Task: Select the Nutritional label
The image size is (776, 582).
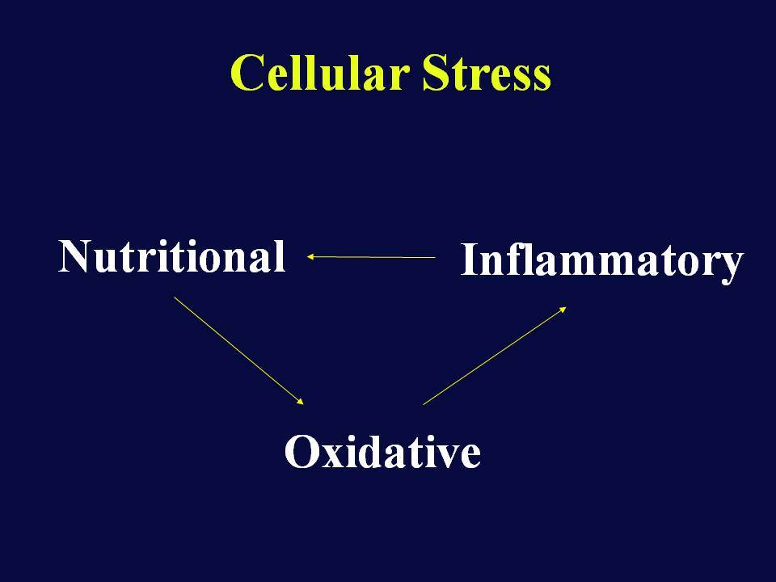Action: coord(172,256)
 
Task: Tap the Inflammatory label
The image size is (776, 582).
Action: coord(601,262)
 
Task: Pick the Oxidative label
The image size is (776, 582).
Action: coord(382,451)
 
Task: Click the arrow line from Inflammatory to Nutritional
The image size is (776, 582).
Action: coord(371,257)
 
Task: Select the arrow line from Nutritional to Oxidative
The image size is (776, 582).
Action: coord(238,351)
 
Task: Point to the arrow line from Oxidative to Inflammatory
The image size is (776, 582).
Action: coord(495,356)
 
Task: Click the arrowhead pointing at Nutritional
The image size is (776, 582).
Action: coord(310,256)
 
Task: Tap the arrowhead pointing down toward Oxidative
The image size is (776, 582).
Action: coord(300,402)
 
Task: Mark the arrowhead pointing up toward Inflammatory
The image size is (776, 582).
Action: coord(563,310)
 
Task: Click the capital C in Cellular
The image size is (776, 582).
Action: coord(247,73)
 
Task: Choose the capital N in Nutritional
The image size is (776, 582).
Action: coord(74,256)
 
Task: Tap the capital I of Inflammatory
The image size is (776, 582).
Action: coord(470,259)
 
